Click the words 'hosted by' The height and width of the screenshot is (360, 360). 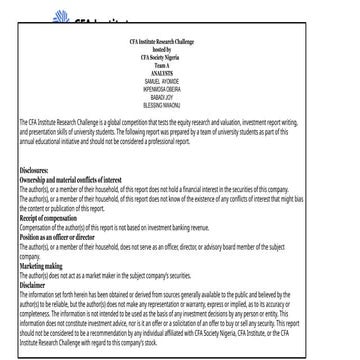pyautogui.click(x=180, y=53)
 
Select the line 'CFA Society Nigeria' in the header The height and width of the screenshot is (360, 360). pyautogui.click(x=180, y=62)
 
